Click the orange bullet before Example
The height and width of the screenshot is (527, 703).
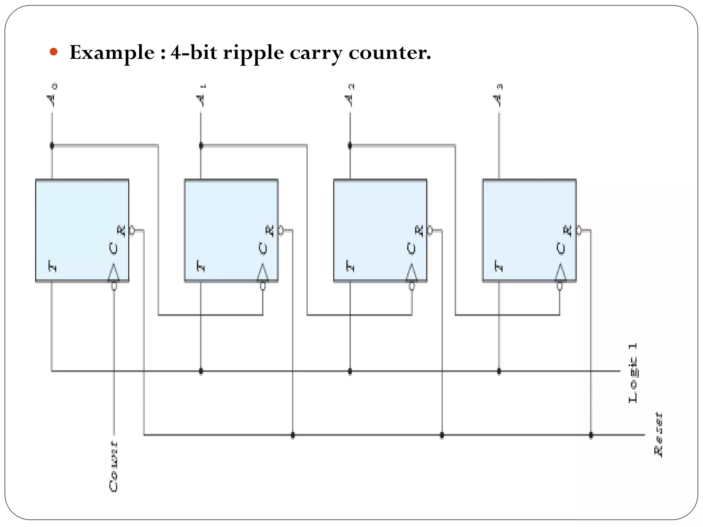(x=53, y=52)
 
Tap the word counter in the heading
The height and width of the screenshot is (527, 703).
(x=389, y=53)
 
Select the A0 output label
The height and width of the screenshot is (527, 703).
(x=52, y=96)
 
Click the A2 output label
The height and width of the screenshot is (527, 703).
(x=349, y=96)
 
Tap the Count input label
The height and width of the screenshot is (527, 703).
(x=114, y=466)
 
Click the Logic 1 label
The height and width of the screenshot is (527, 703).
(x=633, y=373)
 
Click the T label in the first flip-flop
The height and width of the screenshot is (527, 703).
(x=52, y=266)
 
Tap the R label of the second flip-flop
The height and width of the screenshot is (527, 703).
(x=270, y=231)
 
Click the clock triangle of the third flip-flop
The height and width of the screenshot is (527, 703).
(x=412, y=273)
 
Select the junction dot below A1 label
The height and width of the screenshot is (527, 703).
(x=201, y=146)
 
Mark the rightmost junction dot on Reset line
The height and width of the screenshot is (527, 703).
(x=591, y=435)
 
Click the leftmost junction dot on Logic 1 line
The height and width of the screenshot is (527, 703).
(x=201, y=371)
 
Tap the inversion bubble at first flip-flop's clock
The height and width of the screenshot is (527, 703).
(x=114, y=286)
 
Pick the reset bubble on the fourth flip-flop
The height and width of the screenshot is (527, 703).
(x=579, y=231)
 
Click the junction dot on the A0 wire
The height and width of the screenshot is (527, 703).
(x=52, y=146)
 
